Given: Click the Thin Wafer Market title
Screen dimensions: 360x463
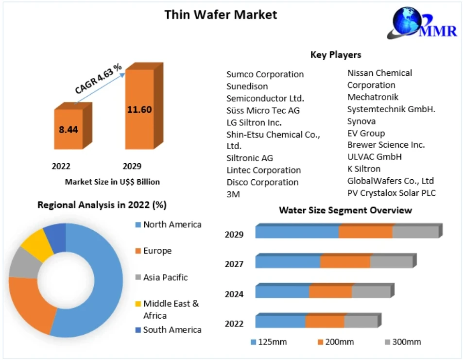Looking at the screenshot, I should [221, 15].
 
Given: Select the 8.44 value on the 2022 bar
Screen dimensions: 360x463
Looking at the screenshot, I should [69, 129].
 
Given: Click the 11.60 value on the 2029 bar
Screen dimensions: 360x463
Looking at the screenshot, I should [139, 109].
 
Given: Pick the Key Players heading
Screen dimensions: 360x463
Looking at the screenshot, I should [336, 54].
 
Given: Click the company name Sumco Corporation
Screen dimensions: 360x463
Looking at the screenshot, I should [265, 74].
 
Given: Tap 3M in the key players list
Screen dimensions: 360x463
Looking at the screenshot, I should [233, 194].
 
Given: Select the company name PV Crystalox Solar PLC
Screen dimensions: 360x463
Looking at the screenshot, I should [391, 193].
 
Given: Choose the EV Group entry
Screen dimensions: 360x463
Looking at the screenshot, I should [366, 133].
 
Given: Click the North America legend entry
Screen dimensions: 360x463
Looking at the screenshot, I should [172, 224].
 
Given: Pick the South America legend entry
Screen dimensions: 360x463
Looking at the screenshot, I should [172, 330].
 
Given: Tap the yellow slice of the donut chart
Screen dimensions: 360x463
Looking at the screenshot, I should [36, 244].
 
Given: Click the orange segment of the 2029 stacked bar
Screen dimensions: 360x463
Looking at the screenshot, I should [365, 232].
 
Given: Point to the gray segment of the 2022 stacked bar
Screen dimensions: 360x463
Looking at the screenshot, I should [360, 322].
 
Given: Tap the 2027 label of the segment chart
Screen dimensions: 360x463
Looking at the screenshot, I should [234, 264].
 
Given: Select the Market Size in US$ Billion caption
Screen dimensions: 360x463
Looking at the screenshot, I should [112, 182].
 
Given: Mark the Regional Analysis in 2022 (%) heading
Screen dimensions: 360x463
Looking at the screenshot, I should [102, 205].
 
